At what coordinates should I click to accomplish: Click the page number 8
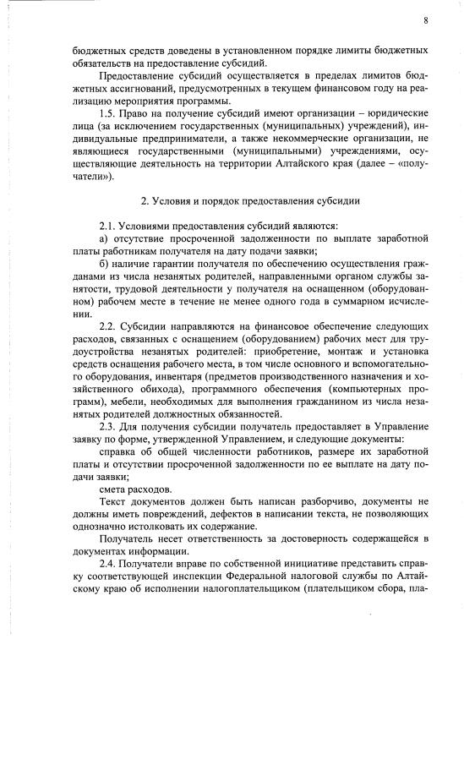tap(425, 21)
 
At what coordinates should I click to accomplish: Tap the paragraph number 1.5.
tap(107, 113)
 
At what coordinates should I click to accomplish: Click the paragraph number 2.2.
tap(107, 326)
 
